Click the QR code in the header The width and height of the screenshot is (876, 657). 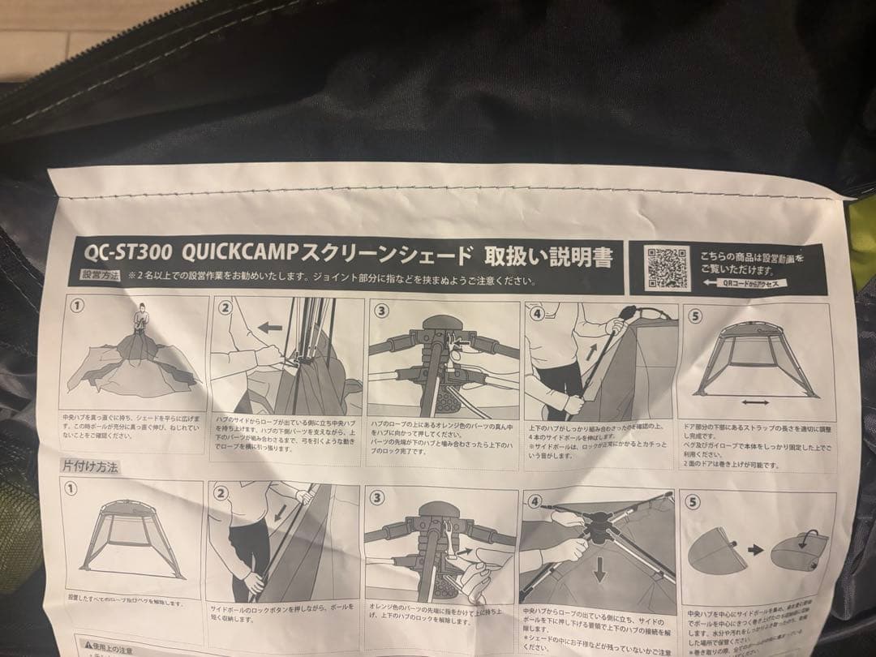[x=668, y=267]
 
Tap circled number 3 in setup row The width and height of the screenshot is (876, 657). [x=380, y=311]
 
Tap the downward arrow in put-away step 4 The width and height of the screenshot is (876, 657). [x=599, y=571]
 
